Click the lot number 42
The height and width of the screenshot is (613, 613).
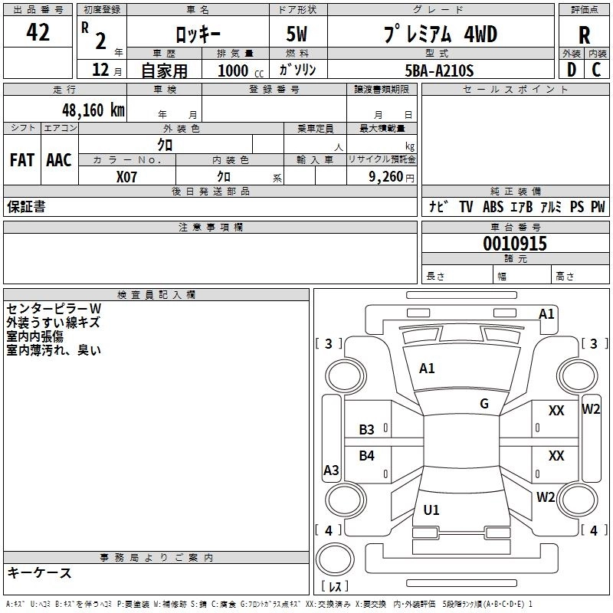(x=38, y=33)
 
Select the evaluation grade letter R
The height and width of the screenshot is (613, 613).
(x=584, y=34)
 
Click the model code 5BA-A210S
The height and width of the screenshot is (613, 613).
(x=438, y=70)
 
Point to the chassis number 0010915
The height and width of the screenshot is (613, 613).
(x=515, y=244)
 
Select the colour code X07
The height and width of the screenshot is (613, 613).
(x=127, y=177)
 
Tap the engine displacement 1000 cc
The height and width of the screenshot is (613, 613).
(x=234, y=70)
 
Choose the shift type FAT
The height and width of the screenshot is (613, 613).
(x=22, y=160)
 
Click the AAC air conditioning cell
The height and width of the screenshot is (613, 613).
(x=59, y=160)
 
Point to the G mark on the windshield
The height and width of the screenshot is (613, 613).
(x=484, y=404)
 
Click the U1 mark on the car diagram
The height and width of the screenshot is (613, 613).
(x=431, y=510)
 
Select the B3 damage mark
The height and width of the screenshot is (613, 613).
(x=367, y=430)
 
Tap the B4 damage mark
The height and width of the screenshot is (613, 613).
(x=367, y=456)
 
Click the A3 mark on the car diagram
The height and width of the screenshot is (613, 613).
(x=331, y=470)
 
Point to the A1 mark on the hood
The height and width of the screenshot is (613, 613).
(x=427, y=369)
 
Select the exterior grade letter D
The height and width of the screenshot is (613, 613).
(x=571, y=70)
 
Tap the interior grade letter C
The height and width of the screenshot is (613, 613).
(x=596, y=70)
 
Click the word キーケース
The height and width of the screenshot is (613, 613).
(x=40, y=573)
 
